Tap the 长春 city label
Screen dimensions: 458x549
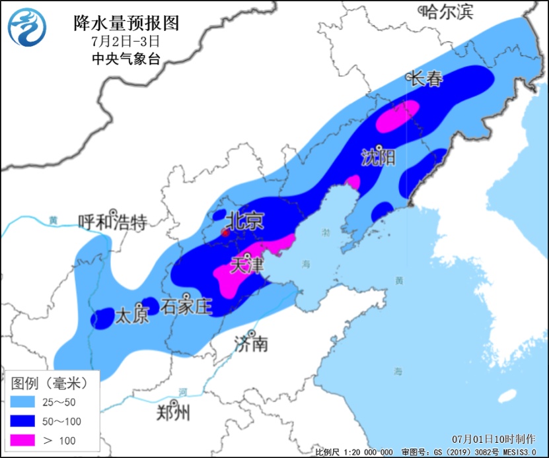[x=425, y=79]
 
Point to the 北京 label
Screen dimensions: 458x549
[x=245, y=220]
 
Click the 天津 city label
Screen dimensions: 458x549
[x=246, y=266]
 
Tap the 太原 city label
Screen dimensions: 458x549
[x=132, y=315]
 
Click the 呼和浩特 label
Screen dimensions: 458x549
[x=112, y=222]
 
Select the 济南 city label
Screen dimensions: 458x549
[x=252, y=343]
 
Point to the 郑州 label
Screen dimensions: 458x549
[x=174, y=413]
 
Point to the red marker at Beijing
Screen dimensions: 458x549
[x=225, y=232]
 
